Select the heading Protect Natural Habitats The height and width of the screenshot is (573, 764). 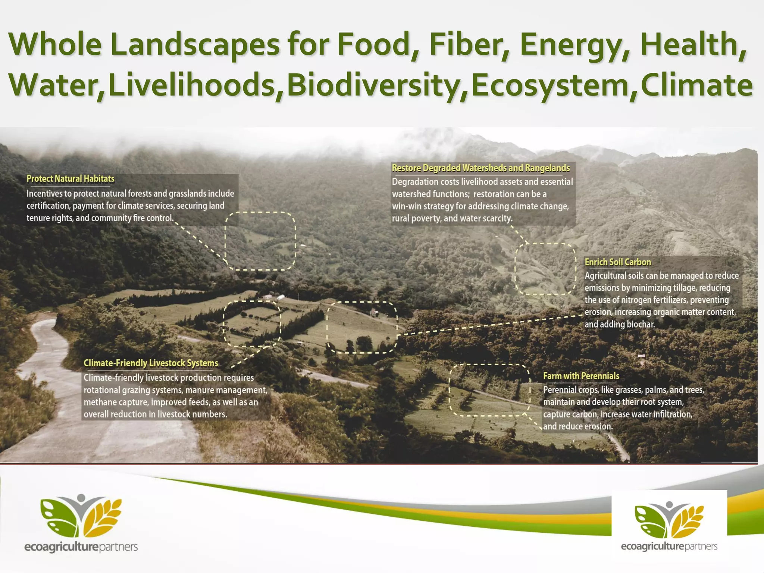70,179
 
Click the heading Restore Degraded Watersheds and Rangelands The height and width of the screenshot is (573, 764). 481,168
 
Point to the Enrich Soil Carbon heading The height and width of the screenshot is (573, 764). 617,262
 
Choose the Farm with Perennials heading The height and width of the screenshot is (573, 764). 581,376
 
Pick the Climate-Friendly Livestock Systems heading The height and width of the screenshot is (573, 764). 151,363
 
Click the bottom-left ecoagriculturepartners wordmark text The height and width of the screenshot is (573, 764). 81,547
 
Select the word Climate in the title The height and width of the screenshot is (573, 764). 696,85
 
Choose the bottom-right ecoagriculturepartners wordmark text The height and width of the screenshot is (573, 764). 669,547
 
